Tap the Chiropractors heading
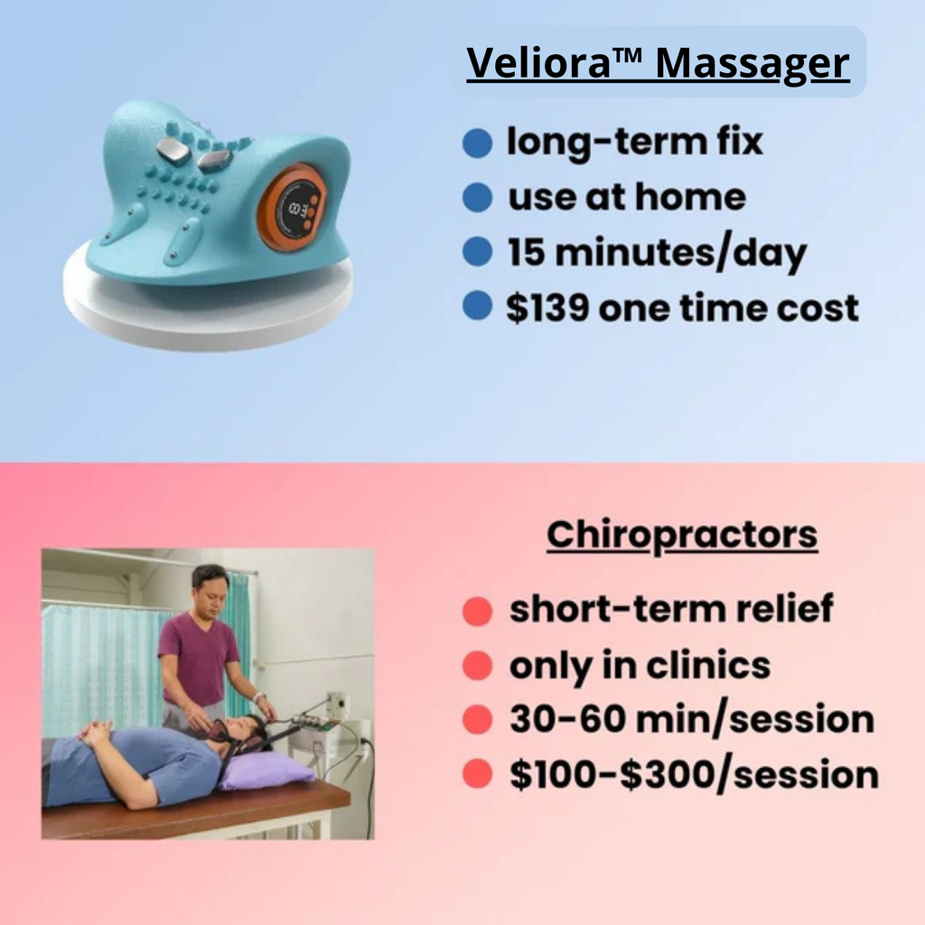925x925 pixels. (682, 535)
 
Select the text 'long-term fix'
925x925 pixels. (634, 142)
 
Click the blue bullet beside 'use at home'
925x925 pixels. (477, 197)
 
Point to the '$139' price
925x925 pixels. (546, 308)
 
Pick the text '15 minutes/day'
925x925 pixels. (656, 253)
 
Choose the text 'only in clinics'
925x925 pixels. (640, 666)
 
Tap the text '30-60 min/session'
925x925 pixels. (691, 720)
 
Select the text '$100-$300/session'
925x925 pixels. (694, 775)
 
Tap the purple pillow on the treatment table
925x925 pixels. (267, 771)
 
